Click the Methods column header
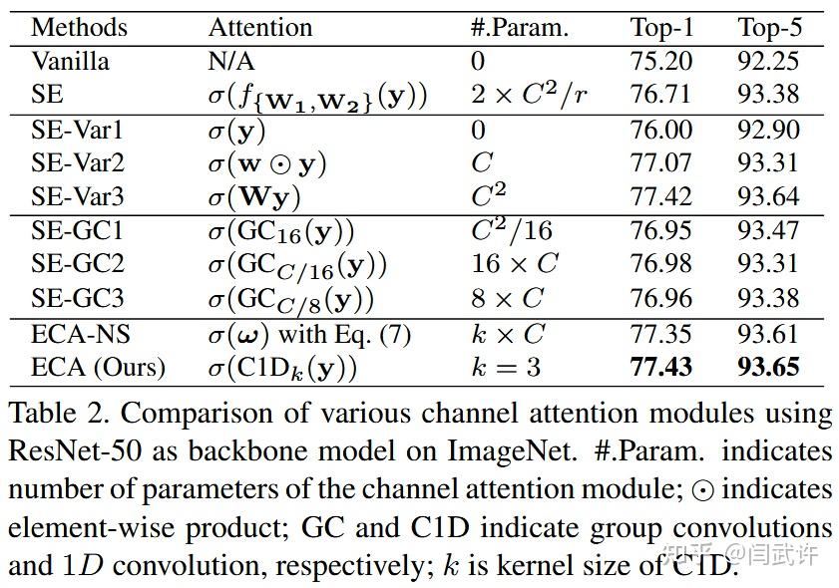coord(80,27)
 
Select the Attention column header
coord(259,27)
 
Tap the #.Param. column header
coord(519,27)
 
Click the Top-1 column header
coord(661,27)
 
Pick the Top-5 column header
coord(769,27)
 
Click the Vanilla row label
coord(71,61)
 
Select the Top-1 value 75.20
coord(661,61)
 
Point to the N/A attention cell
coord(230,61)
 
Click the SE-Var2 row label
coord(79,162)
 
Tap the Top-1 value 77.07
coord(661,162)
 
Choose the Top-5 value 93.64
coord(769,196)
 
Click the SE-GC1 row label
coord(78,231)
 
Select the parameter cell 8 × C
coord(507,298)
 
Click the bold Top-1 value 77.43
coord(661,367)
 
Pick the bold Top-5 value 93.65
coord(769,367)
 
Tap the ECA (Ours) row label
coord(98,367)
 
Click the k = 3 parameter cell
coord(506,367)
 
